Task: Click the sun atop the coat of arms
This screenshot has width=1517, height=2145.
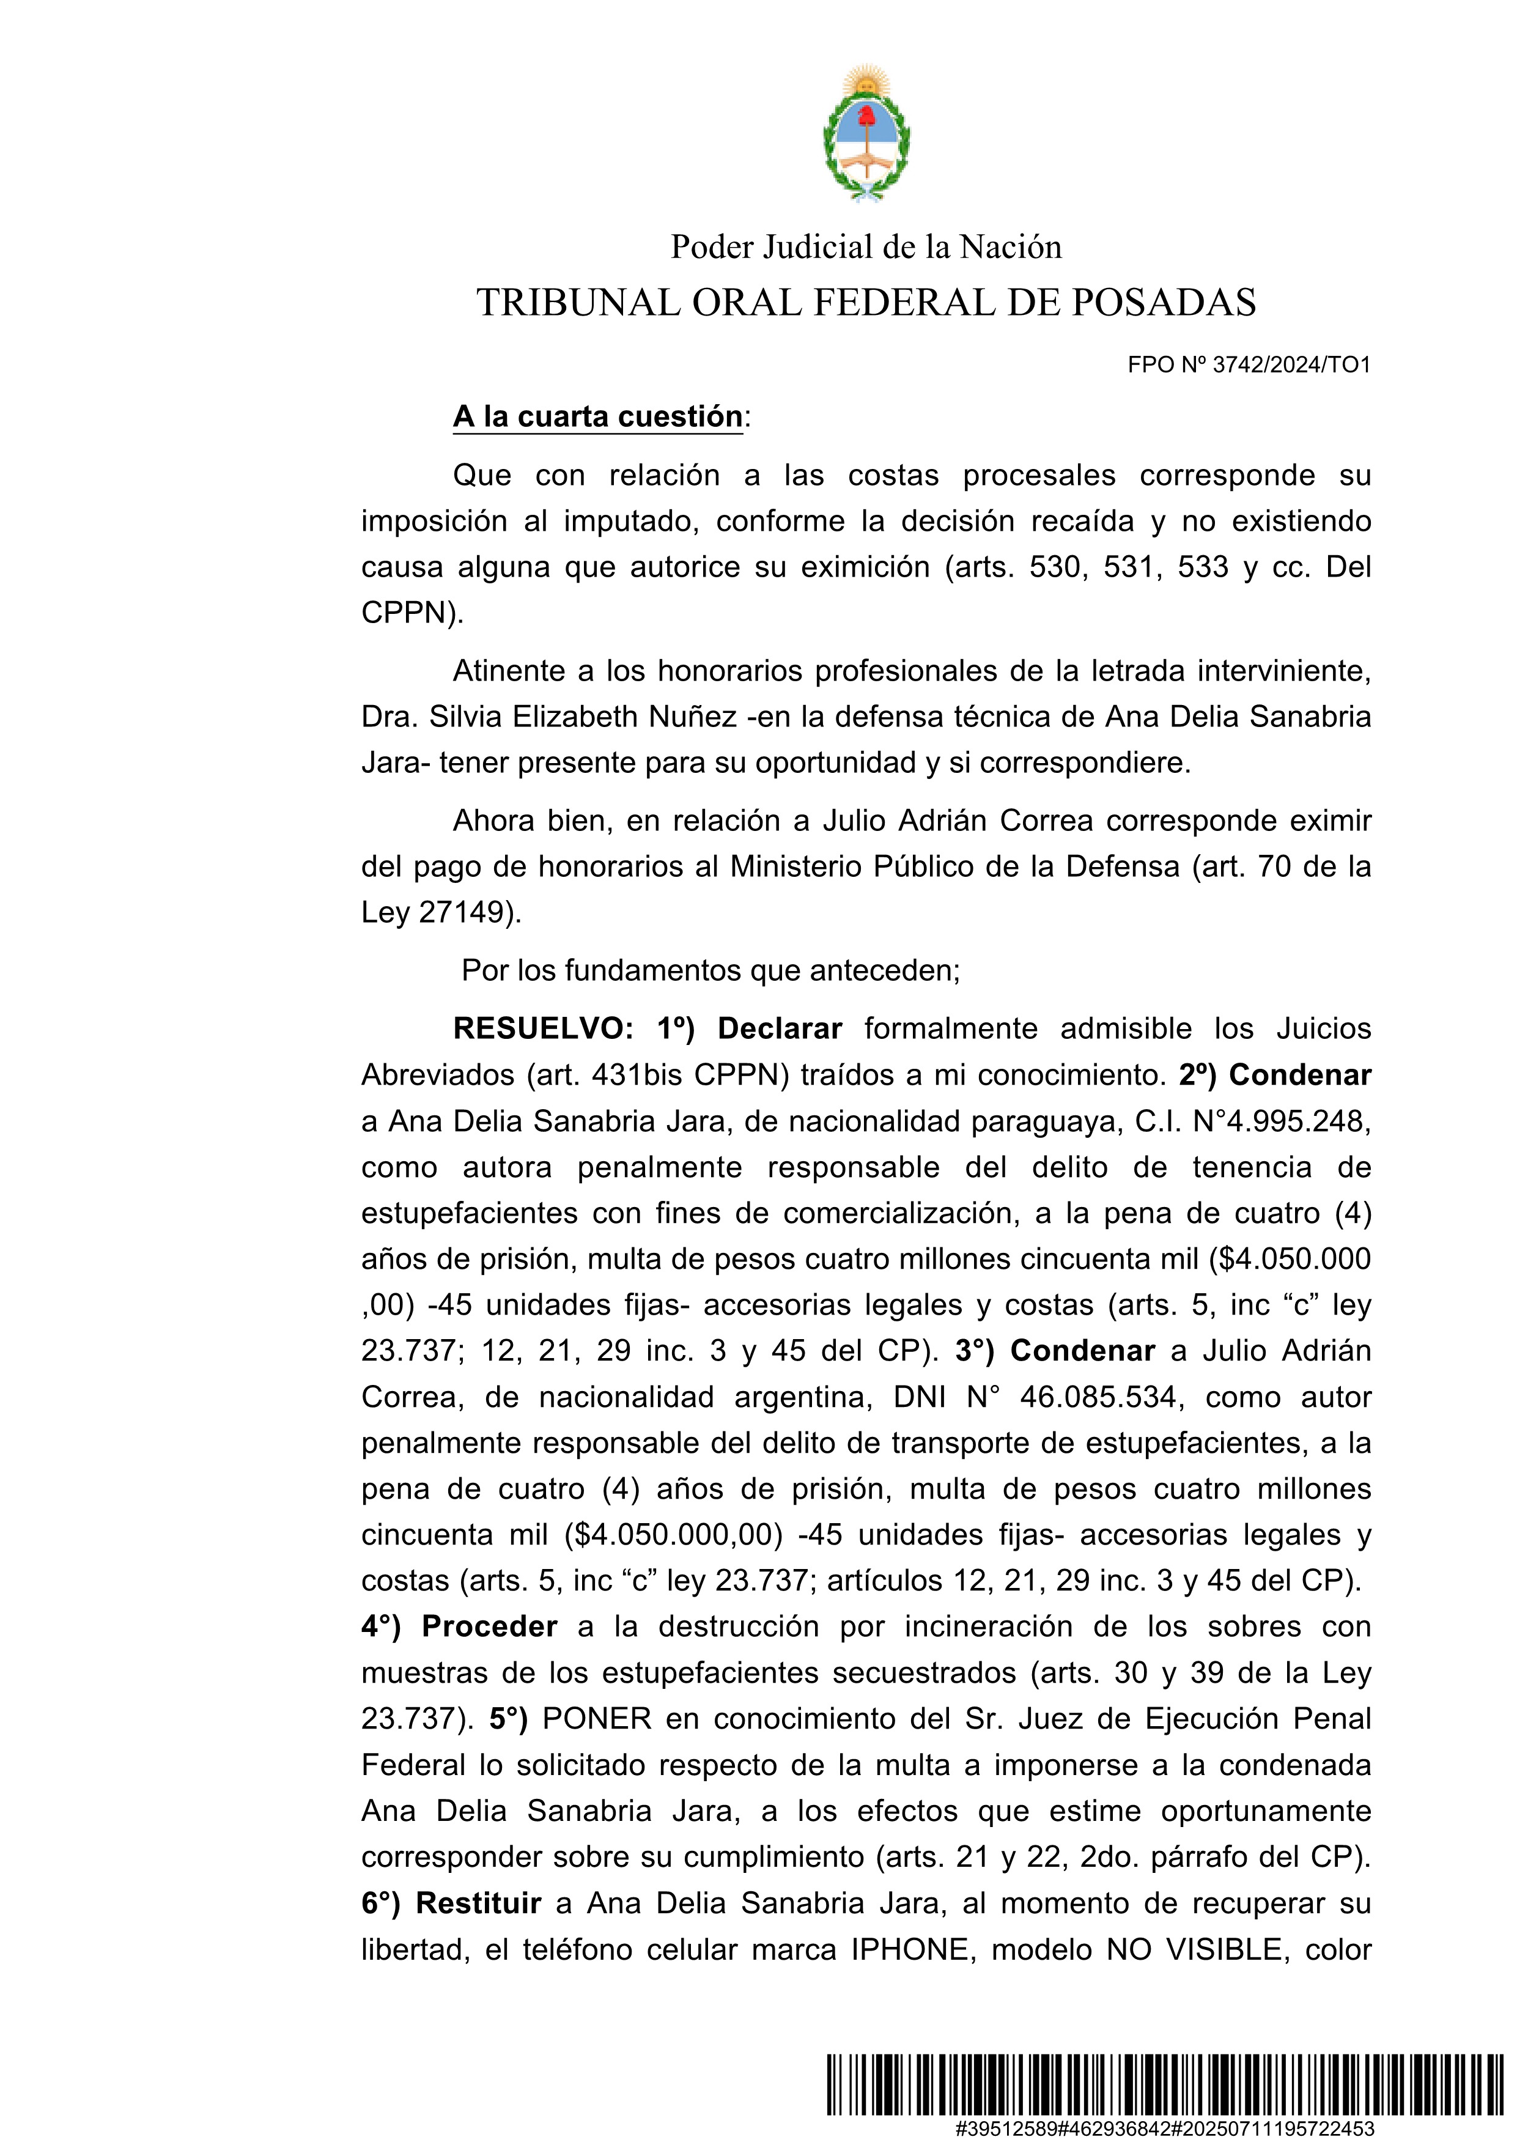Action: [x=866, y=82]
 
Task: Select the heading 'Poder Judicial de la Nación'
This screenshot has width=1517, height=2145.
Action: [x=866, y=246]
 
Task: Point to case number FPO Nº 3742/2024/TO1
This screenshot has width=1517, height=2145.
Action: [x=1249, y=365]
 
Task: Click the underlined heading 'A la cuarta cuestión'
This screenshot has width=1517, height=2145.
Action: [x=598, y=416]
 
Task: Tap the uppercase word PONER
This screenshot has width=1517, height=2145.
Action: [x=596, y=1719]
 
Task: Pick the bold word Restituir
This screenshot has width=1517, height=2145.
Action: [x=478, y=1903]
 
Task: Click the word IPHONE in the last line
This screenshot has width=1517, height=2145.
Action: [x=910, y=1950]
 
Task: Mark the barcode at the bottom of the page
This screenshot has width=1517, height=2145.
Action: [x=1172, y=2084]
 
